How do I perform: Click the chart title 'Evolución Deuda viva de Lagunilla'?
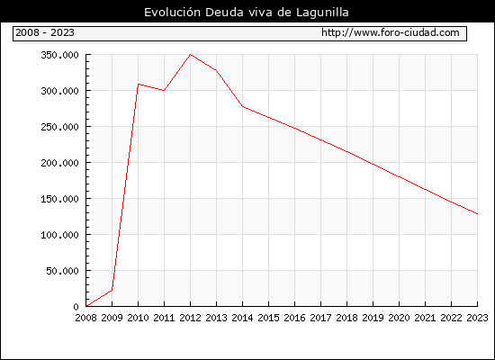coord(247,13)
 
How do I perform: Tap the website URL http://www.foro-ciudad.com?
coord(391,32)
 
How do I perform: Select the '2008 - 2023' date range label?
coord(45,32)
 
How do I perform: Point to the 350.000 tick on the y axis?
coord(59,55)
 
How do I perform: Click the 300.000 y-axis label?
coord(59,91)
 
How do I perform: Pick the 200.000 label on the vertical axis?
coord(59,163)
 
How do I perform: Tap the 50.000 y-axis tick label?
coord(62,271)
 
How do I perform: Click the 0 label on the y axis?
coord(76,307)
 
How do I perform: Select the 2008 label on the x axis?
coord(85,318)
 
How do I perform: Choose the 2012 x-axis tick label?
coord(190,318)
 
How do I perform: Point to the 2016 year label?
coord(294,318)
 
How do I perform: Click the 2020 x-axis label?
coord(399,318)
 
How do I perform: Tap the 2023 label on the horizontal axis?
coord(477,318)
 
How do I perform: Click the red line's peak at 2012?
coord(190,55)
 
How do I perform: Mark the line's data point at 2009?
coord(112,290)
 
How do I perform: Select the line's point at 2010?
coord(139,84)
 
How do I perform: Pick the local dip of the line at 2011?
coord(164,91)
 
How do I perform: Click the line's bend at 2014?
coord(242,106)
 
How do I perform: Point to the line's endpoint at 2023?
coord(477,214)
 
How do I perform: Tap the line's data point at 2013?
coord(216,70)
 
